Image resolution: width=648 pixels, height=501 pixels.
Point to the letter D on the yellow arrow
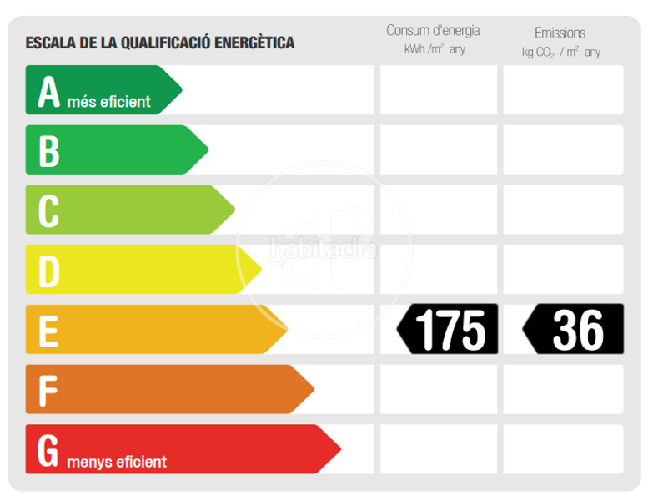(49, 270)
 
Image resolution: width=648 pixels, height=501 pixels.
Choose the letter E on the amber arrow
(49, 329)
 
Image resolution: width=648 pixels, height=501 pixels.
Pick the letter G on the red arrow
(49, 449)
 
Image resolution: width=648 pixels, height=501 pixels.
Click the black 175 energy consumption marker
(448, 329)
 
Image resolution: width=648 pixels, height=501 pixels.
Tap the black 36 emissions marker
(575, 329)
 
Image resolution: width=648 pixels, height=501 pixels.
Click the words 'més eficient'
(108, 103)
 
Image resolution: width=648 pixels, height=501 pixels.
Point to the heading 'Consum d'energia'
(433, 31)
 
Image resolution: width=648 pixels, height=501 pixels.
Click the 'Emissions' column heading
(560, 33)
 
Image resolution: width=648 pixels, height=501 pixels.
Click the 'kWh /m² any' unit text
(434, 50)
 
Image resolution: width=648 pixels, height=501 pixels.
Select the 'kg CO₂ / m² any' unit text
(560, 52)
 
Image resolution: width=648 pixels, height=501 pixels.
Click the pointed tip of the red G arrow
(340, 449)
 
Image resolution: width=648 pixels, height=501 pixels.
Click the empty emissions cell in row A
(563, 90)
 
